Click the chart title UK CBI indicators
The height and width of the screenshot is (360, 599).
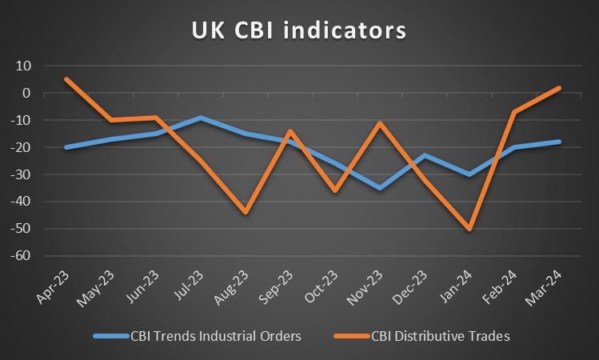pyautogui.click(x=299, y=30)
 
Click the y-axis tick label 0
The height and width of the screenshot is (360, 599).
pyautogui.click(x=26, y=93)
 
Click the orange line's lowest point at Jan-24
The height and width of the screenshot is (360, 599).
pyautogui.click(x=469, y=229)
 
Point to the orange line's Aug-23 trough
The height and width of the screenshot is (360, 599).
pyautogui.click(x=245, y=212)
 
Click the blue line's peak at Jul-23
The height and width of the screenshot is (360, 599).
pyautogui.click(x=200, y=118)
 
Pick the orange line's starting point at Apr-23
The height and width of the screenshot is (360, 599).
pyautogui.click(x=66, y=79)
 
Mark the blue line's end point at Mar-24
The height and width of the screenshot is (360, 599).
pyautogui.click(x=558, y=142)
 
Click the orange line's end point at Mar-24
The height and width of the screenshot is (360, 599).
pyautogui.click(x=558, y=88)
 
